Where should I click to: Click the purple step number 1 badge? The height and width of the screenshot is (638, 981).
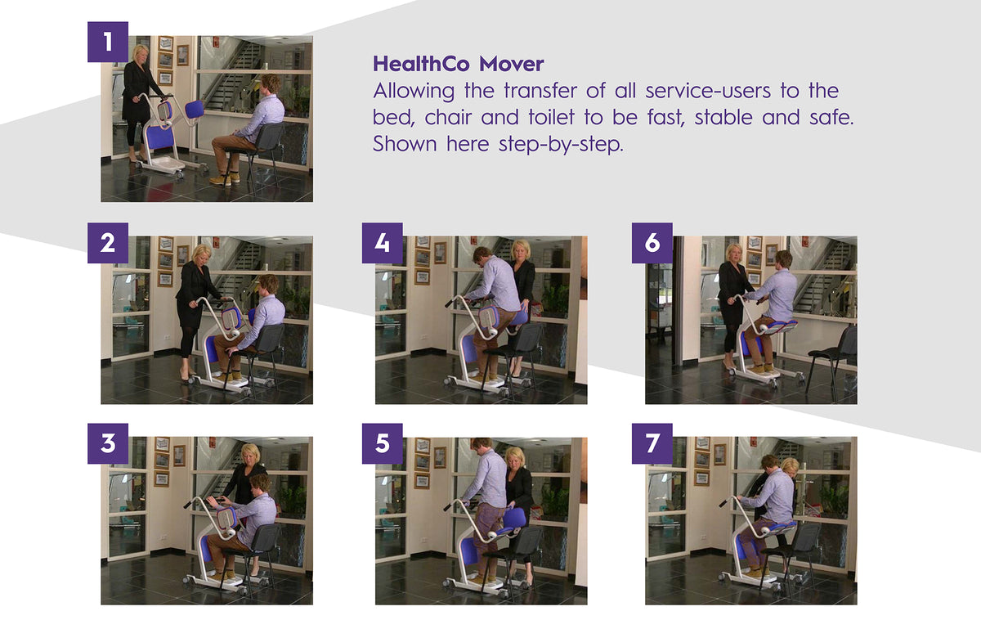[108, 42]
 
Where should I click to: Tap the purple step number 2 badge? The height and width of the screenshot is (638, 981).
[108, 243]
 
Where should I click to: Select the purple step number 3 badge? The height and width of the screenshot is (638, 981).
[108, 443]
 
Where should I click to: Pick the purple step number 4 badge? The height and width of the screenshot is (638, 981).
[383, 243]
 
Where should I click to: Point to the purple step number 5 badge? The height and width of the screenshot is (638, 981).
[383, 443]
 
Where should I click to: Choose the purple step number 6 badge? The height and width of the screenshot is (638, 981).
[652, 243]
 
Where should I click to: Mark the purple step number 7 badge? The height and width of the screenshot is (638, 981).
[652, 443]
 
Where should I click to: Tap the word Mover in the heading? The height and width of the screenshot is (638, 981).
[512, 64]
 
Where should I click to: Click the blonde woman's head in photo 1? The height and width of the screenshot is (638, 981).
[140, 54]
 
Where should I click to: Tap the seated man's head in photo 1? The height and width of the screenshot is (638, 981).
[268, 84]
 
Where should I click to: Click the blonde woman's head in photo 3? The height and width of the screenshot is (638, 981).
[250, 454]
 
